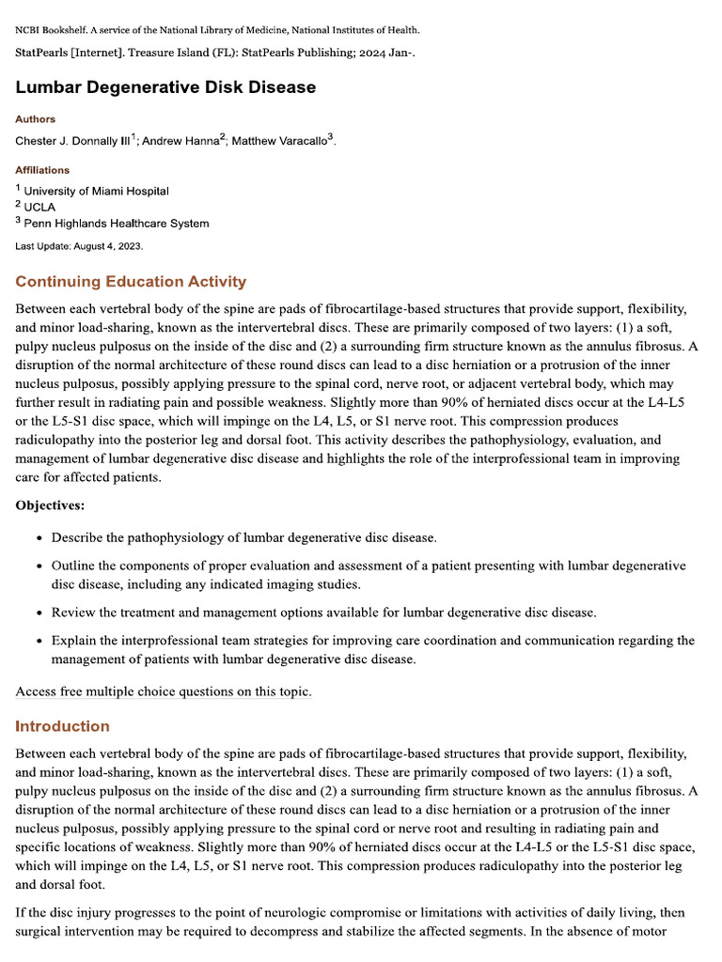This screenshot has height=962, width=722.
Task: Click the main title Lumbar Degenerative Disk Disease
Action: tap(165, 87)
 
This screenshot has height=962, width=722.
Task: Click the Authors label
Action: tap(35, 119)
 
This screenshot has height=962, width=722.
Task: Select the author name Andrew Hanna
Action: tap(179, 141)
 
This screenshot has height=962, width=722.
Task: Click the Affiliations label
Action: tap(42, 170)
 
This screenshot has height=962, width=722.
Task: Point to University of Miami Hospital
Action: tap(96, 191)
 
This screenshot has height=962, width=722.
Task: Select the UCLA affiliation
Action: tap(39, 207)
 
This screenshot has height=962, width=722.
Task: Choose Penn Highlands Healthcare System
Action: tap(117, 224)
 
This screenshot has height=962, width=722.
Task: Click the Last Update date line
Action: tap(79, 246)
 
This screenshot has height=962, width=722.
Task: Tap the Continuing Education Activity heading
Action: tap(131, 282)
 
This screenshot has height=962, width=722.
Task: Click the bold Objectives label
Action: tap(50, 505)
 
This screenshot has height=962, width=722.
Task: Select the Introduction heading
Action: tap(62, 726)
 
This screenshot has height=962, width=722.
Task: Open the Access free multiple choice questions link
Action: tap(164, 692)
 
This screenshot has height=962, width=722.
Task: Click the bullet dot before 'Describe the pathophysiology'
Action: tap(38, 538)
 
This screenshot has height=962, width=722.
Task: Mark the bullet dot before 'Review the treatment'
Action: tap(38, 613)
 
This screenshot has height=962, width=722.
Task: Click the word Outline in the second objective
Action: tap(74, 566)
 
